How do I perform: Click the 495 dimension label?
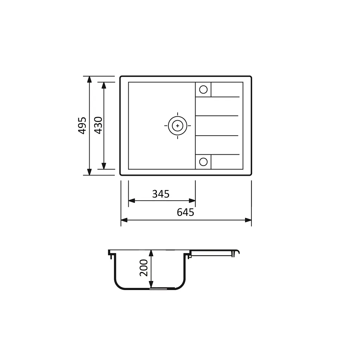point(82,126)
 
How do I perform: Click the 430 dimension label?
point(98,126)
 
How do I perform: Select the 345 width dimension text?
point(161,194)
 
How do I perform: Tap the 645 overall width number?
point(185,212)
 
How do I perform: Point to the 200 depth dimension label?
point(144,268)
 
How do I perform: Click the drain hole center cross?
point(178,126)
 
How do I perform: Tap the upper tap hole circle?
point(203,90)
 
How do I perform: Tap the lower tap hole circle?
point(203,162)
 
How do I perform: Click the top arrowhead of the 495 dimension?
point(90,79)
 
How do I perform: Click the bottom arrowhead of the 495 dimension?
point(90,172)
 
